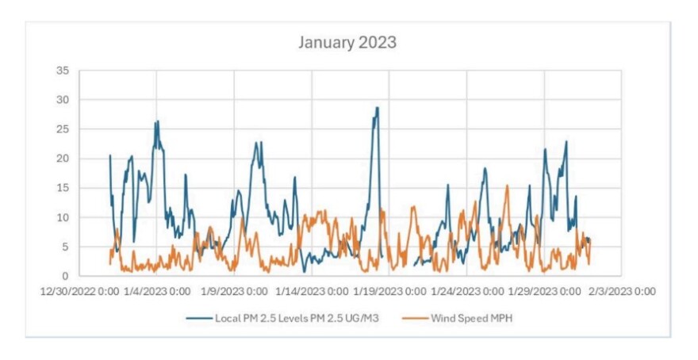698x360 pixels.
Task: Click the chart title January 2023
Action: pos(347,42)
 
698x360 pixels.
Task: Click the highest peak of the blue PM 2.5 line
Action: pos(378,108)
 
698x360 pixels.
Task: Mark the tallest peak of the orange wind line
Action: pos(508,186)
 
